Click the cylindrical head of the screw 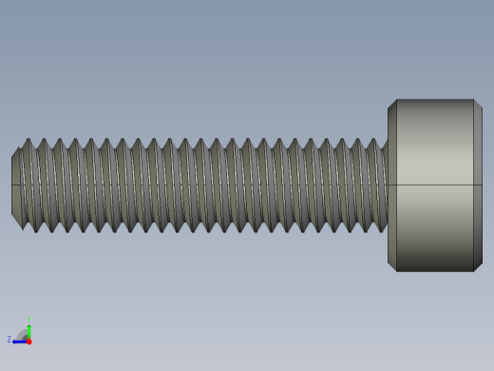point(435,185)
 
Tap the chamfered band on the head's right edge point(478,185)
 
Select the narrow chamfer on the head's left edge point(392,185)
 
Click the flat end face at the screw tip point(16,185)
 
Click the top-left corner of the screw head point(396,100)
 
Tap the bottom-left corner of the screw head point(396,271)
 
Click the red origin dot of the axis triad point(28,341)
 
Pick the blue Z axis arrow point(19,341)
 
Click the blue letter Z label point(9,339)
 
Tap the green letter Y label point(28,320)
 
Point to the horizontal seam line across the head point(435,185)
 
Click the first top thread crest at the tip point(28,141)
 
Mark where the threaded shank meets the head point(388,185)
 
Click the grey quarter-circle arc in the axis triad point(22,333)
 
